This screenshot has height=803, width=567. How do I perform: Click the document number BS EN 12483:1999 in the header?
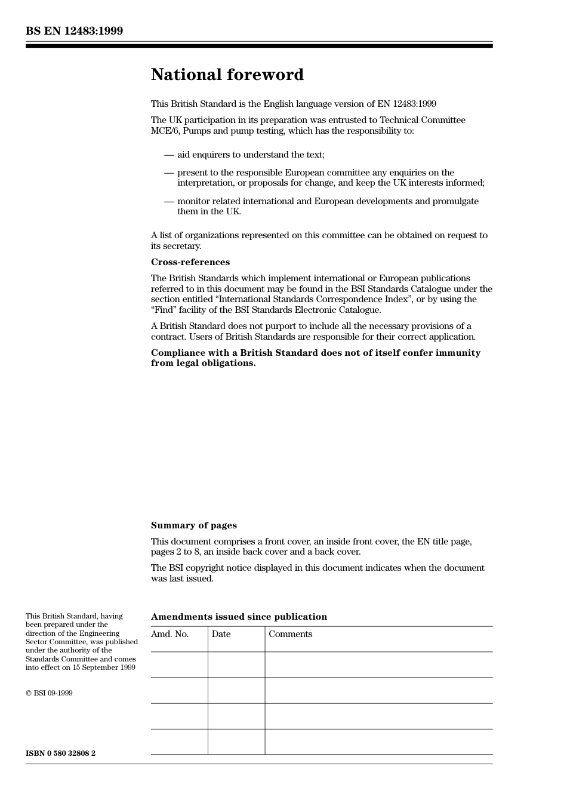pyautogui.click(x=74, y=31)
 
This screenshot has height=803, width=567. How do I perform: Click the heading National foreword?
pyautogui.click(x=227, y=75)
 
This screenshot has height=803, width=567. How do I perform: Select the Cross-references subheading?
pyautogui.click(x=190, y=262)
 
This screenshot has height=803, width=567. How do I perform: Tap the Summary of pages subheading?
pyautogui.click(x=193, y=525)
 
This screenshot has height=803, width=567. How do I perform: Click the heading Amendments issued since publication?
pyautogui.click(x=239, y=617)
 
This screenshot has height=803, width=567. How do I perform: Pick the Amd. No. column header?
pyautogui.click(x=170, y=634)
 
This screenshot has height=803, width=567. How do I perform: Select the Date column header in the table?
pyautogui.click(x=221, y=634)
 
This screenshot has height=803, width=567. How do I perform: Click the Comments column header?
pyautogui.click(x=290, y=634)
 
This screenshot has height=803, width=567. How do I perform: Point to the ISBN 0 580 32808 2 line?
pyautogui.click(x=60, y=753)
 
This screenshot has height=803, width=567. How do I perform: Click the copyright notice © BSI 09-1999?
pyautogui.click(x=49, y=693)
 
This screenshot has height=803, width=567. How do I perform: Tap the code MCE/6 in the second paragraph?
pyautogui.click(x=163, y=131)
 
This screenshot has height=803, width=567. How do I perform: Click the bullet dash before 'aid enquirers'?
pyautogui.click(x=169, y=155)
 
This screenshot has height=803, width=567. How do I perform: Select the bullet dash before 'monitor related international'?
pyautogui.click(x=169, y=201)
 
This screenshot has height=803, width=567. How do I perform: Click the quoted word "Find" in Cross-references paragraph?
pyautogui.click(x=164, y=310)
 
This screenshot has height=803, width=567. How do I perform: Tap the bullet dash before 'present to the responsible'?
pyautogui.click(x=169, y=173)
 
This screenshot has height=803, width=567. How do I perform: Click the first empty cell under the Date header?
pyautogui.click(x=236, y=664)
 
